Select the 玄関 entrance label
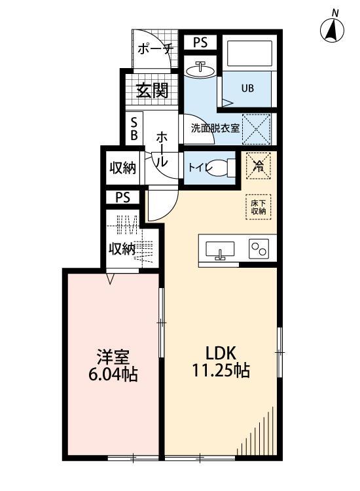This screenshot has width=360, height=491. [x=152, y=90]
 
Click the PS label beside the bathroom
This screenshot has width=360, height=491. [x=200, y=43]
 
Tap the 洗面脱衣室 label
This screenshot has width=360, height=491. [x=214, y=128]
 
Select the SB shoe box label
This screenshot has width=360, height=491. [x=134, y=128]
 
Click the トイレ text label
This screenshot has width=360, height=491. [x=199, y=168]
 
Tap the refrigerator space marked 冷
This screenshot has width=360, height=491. [x=259, y=166]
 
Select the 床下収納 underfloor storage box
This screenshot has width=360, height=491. [x=258, y=206]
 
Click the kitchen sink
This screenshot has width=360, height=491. [x=220, y=249]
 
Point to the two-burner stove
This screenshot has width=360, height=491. [x=259, y=248]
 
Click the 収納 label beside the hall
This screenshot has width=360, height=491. [x=122, y=168]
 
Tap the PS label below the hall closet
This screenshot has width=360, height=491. [x=123, y=197]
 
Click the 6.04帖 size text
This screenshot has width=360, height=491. [x=113, y=376]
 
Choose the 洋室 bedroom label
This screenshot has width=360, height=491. [x=113, y=356]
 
